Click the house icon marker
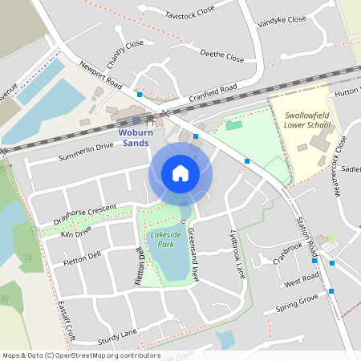180,173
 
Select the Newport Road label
100,73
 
